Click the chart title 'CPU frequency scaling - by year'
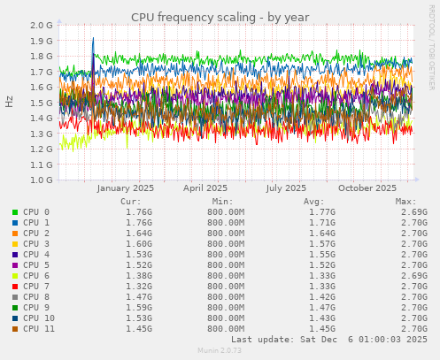click(x=219, y=17)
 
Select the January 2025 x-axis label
click(x=125, y=188)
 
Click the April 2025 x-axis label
click(x=205, y=188)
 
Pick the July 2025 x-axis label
click(x=286, y=188)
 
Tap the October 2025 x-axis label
click(x=367, y=188)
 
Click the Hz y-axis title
click(x=10, y=103)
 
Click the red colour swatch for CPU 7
click(x=14, y=286)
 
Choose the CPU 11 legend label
click(x=40, y=328)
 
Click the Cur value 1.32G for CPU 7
click(x=138, y=286)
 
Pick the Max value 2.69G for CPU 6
click(x=413, y=275)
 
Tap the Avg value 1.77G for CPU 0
click(x=322, y=212)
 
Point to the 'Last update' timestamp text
click(x=328, y=339)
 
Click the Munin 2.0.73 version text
click(x=220, y=351)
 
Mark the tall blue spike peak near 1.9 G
click(x=93, y=39)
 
